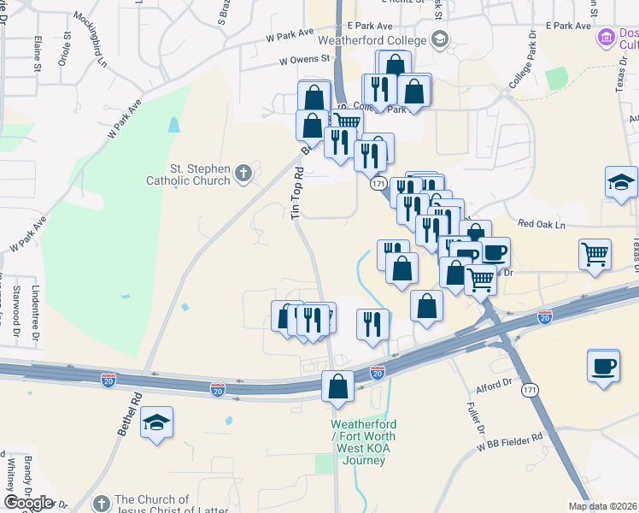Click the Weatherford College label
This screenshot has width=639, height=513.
[x=372, y=40]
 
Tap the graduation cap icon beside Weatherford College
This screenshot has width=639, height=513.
[x=439, y=38]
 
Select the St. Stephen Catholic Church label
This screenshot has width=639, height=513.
[x=188, y=174]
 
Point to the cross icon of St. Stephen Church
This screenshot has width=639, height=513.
[x=243, y=174]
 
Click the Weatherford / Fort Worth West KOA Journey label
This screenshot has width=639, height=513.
[x=359, y=442]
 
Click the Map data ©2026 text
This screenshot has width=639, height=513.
[x=603, y=506]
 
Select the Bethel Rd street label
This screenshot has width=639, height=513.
[x=128, y=415]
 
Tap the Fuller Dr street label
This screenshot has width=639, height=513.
[x=477, y=417]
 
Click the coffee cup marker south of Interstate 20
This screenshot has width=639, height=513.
[x=603, y=366]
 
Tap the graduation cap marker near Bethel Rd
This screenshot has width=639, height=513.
[x=157, y=422]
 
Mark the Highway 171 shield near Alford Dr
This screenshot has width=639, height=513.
[x=530, y=390]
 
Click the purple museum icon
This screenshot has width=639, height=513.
[x=607, y=37]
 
